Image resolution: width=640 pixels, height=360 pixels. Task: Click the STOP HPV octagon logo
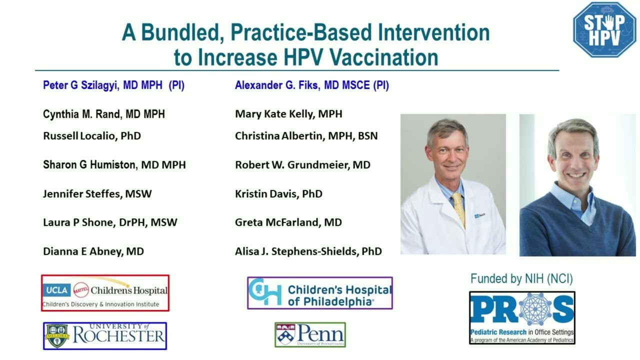604,29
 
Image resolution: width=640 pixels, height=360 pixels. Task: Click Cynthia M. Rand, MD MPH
103,114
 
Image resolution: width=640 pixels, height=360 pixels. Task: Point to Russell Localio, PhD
92,136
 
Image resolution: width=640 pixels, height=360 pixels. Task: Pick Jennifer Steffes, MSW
97,193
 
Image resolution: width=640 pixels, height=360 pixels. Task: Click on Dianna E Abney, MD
93,251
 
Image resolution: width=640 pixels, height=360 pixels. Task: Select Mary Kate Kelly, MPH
288,114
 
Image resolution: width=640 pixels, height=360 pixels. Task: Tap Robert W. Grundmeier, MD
302,165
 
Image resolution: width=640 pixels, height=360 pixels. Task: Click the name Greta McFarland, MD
288,222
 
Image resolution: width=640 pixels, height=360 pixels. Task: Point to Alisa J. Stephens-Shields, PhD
308,251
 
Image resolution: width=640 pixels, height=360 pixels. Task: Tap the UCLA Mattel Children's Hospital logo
105,293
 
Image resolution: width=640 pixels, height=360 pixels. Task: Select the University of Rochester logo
105,335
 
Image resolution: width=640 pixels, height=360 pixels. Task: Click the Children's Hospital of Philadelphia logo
320,293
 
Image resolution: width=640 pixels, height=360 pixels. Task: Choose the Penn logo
310,334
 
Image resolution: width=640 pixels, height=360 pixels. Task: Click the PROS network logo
522,317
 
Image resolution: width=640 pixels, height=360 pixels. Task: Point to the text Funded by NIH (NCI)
521,278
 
